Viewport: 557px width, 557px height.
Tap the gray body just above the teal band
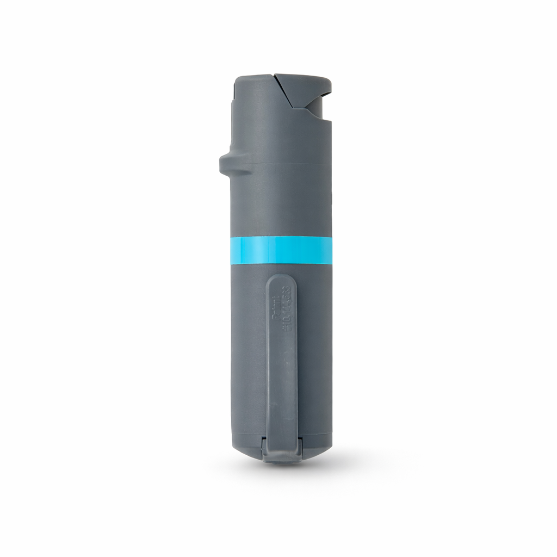click(x=281, y=218)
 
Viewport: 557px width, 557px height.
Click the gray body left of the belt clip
click(x=248, y=354)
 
